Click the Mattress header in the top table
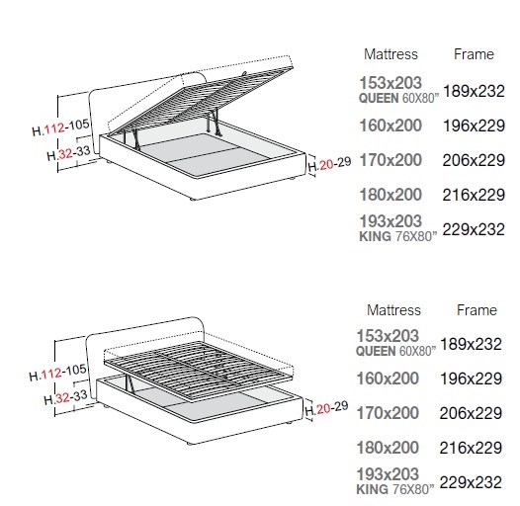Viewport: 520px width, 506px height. (390, 54)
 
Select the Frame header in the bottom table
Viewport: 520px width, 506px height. (477, 310)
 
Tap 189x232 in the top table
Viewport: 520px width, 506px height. (474, 91)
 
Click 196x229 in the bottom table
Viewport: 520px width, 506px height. (471, 379)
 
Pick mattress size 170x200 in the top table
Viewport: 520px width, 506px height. (390, 160)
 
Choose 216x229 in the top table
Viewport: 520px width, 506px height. (474, 195)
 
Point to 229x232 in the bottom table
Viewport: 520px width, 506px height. (471, 482)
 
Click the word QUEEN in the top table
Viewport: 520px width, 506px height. (379, 98)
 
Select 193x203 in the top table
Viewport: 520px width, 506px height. (390, 221)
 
